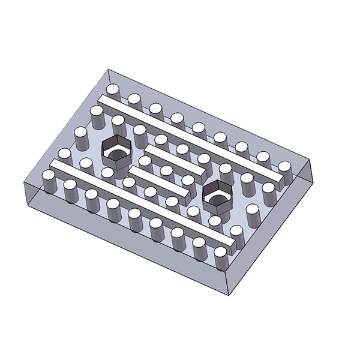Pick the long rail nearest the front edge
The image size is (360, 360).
pyautogui.click(x=144, y=204)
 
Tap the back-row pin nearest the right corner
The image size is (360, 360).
pyautogui.click(x=284, y=170)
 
